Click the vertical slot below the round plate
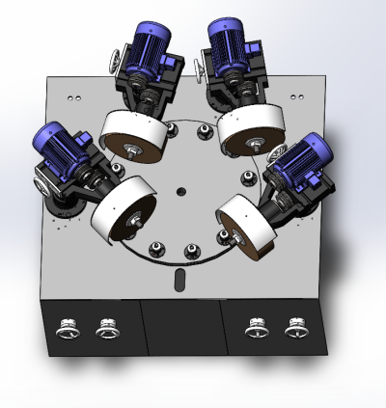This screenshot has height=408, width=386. pos(179,281)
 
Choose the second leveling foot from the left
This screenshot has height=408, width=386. pos(106,330)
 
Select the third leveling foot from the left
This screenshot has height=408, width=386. pos(257,329)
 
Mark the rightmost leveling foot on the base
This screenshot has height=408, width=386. pos(294,329)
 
